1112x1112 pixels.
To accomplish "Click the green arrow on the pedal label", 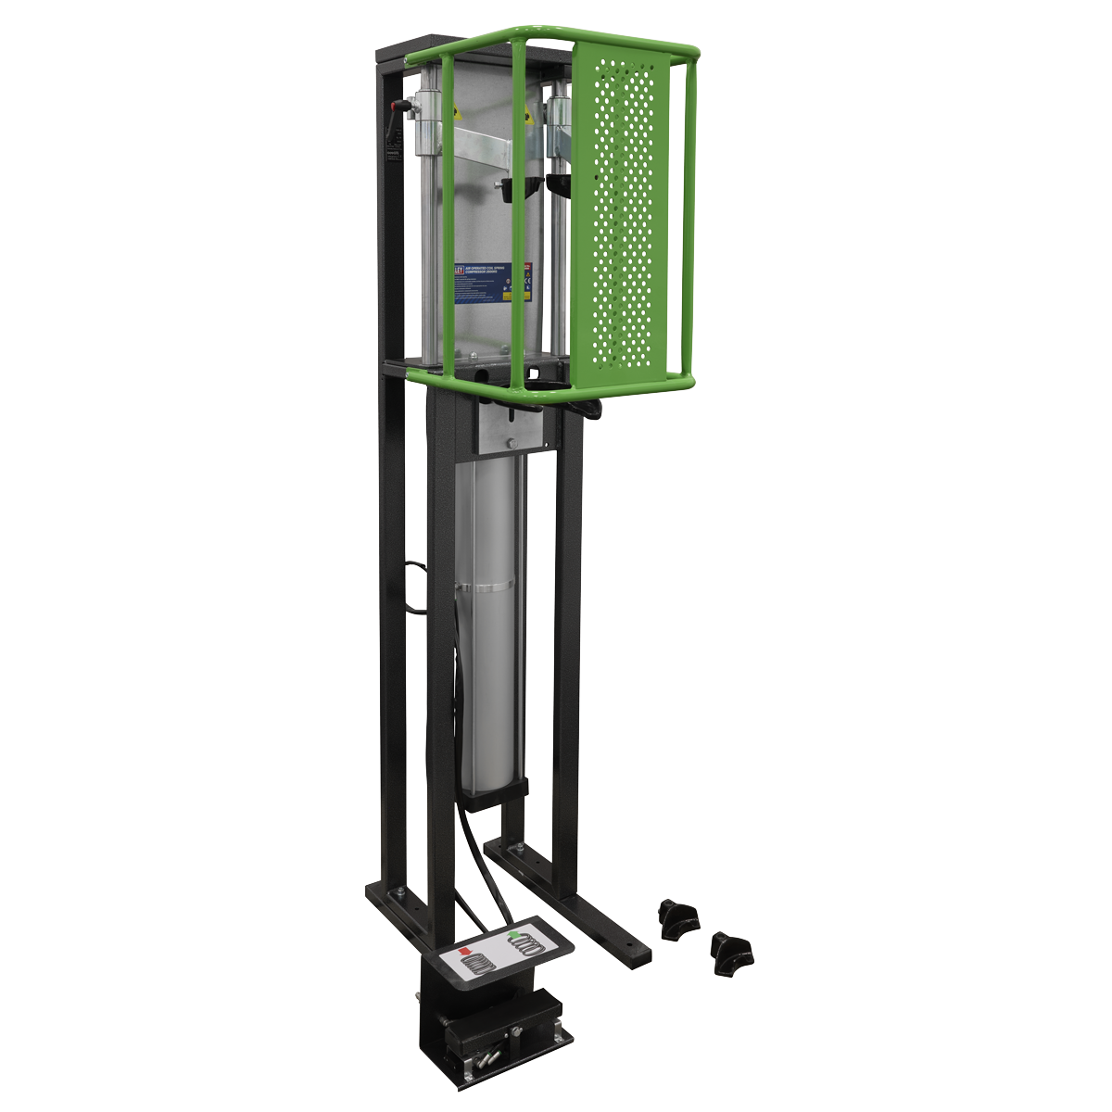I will pos(512,935).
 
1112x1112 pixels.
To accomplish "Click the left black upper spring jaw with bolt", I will pos(514,185).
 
